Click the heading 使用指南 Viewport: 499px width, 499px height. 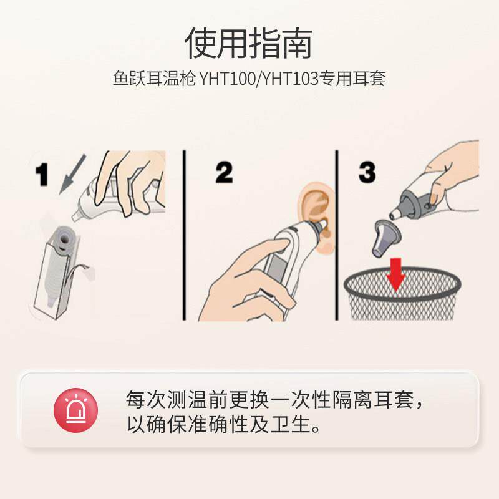248,43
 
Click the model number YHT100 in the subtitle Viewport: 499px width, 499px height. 227,79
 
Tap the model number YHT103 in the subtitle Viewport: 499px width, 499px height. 291,79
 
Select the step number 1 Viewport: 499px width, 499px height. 42,174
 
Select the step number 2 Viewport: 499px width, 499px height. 224,172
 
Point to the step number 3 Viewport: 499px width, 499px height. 367,172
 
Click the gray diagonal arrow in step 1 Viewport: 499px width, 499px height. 72,174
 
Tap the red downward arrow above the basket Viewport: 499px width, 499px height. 395,274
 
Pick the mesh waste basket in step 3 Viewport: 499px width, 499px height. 402,293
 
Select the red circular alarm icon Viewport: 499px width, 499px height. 75,410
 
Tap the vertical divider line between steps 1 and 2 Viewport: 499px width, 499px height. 184,235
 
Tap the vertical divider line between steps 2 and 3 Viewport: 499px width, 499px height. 337,235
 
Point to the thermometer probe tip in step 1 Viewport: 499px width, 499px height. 75,217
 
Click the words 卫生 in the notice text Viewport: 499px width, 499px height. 291,424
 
